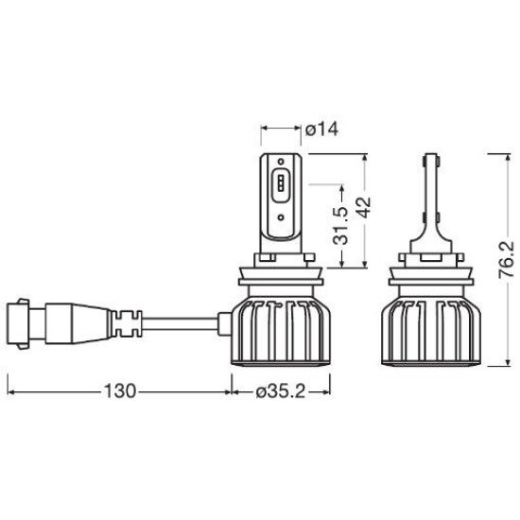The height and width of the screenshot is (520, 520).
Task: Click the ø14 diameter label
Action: pyautogui.click(x=321, y=129)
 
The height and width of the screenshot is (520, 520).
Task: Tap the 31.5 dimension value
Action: pyautogui.click(x=341, y=225)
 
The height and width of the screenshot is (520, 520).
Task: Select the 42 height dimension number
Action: pyautogui.click(x=364, y=208)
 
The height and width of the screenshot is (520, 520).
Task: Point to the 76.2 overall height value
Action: pyautogui.click(x=507, y=260)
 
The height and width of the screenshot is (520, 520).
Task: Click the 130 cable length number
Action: pyautogui.click(x=120, y=390)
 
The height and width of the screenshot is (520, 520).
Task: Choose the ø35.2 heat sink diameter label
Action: pyautogui.click(x=281, y=392)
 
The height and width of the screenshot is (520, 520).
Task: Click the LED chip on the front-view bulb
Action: pyautogui.click(x=281, y=183)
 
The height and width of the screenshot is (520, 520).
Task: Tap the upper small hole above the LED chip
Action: pyautogui.click(x=281, y=162)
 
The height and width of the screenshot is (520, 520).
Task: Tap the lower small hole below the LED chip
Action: pyautogui.click(x=281, y=217)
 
